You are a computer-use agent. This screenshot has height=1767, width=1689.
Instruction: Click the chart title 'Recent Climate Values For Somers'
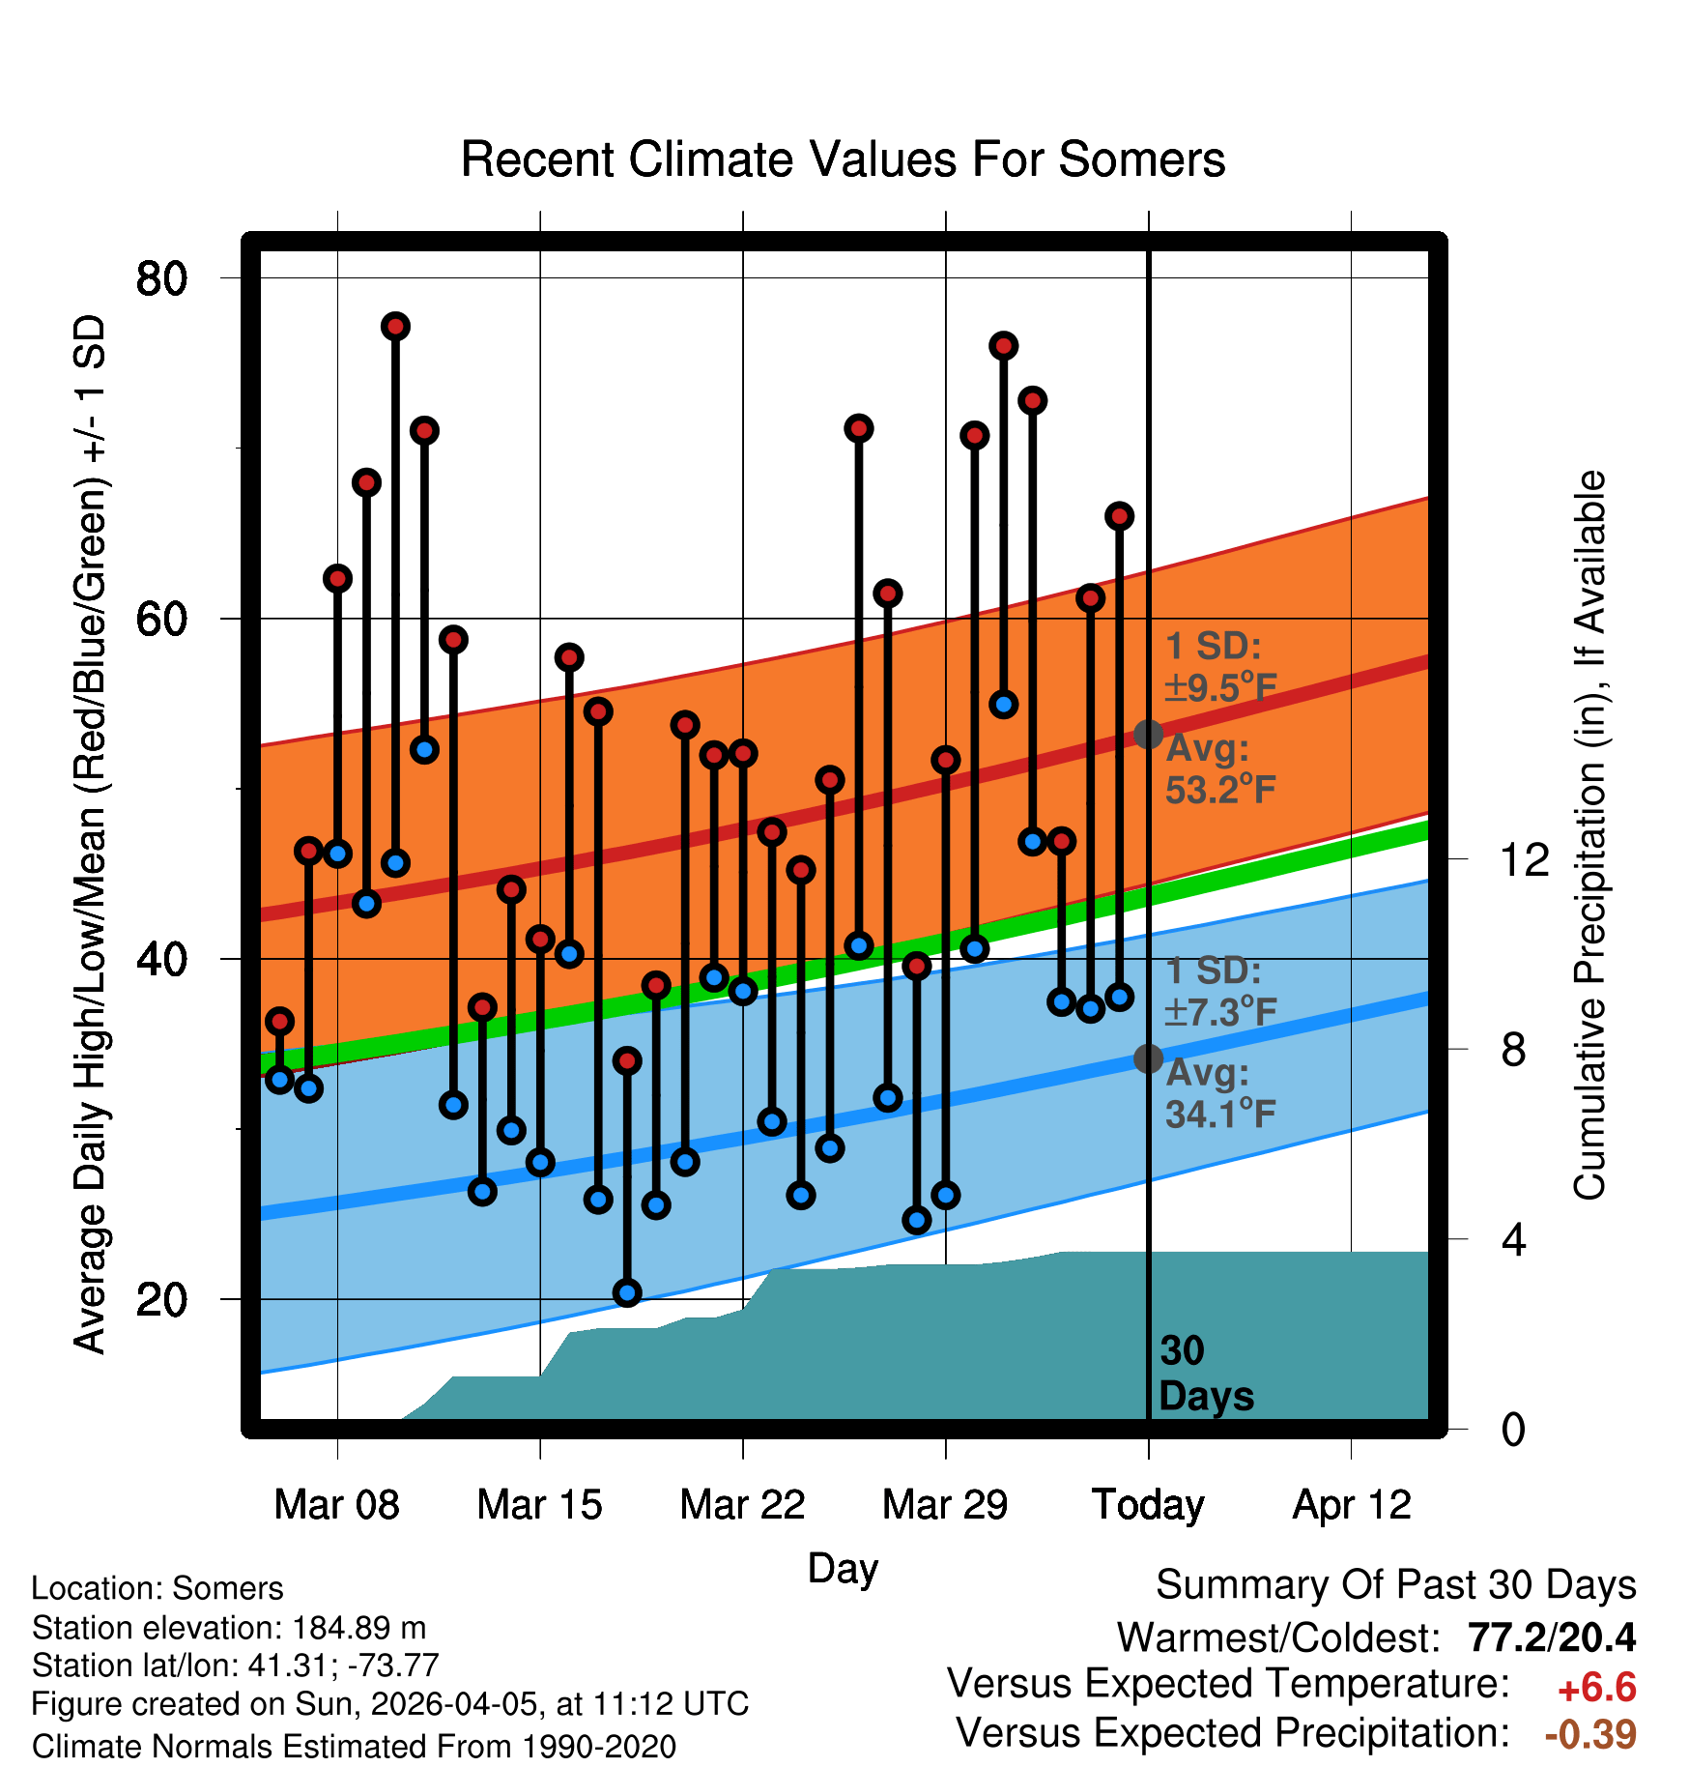click(x=843, y=159)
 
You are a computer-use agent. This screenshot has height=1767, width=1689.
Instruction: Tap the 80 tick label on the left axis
click(x=161, y=279)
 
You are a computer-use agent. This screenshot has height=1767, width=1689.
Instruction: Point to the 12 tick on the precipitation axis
click(x=1524, y=859)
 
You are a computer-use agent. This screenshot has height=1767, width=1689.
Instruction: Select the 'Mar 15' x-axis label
click(x=539, y=1505)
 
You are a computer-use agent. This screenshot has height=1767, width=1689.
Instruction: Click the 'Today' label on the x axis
click(x=1148, y=1505)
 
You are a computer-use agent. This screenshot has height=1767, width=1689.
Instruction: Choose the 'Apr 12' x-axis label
click(x=1352, y=1505)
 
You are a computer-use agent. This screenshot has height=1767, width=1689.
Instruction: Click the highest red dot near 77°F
click(x=395, y=327)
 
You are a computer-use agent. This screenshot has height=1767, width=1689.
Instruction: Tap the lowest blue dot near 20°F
click(x=627, y=1292)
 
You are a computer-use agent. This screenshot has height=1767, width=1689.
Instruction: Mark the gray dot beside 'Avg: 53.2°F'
click(x=1148, y=735)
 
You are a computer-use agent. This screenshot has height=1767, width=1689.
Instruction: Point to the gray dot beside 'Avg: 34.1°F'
click(x=1148, y=1058)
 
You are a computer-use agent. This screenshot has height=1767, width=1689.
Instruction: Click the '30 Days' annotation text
click(x=1205, y=1374)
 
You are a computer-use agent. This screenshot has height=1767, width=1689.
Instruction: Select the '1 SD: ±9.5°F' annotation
click(x=1219, y=667)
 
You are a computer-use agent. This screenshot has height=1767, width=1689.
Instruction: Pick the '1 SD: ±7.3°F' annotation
click(x=1219, y=992)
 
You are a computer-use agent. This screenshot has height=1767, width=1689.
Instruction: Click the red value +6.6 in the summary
click(x=1596, y=1688)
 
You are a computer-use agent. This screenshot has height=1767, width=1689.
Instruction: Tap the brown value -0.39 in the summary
click(x=1590, y=1734)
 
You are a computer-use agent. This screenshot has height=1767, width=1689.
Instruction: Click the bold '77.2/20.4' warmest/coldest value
click(x=1551, y=1637)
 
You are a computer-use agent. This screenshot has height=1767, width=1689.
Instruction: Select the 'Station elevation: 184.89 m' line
click(x=229, y=1628)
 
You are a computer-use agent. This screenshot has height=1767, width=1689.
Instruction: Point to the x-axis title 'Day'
click(x=843, y=1568)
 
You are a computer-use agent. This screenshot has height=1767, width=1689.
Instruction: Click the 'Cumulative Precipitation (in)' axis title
click(x=1589, y=835)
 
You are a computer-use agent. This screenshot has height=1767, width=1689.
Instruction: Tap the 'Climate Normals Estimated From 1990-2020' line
click(x=354, y=1747)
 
